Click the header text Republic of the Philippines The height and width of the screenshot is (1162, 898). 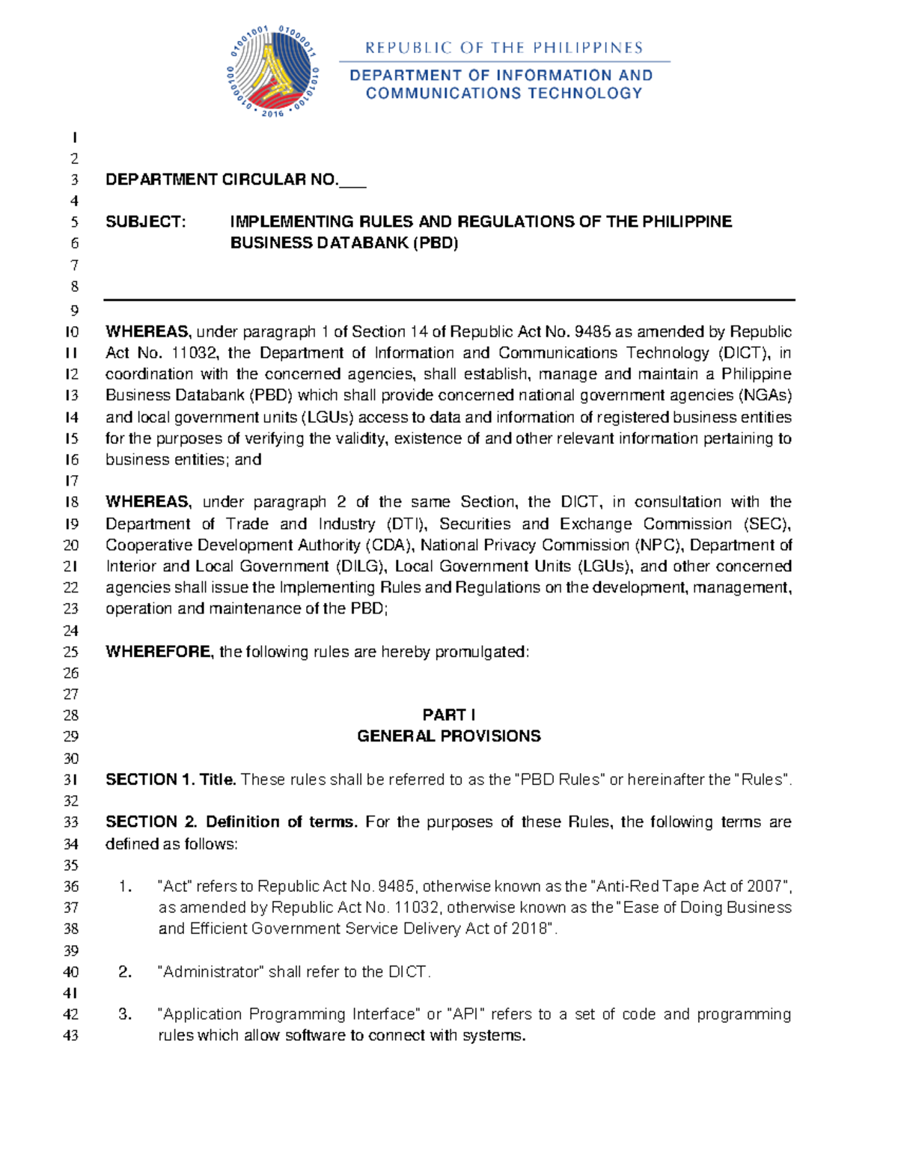[x=504, y=48]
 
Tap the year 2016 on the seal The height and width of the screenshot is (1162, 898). [x=273, y=113]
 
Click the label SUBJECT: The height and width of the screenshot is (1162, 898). [x=145, y=222]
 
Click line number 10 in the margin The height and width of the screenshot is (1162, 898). [x=72, y=332]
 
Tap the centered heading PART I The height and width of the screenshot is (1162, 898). [x=448, y=715]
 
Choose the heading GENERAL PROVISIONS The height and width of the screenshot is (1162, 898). [x=448, y=736]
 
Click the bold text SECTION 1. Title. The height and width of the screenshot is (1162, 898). [x=171, y=780]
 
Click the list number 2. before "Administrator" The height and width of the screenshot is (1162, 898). [x=125, y=972]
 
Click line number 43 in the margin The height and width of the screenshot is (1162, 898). [x=71, y=1036]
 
